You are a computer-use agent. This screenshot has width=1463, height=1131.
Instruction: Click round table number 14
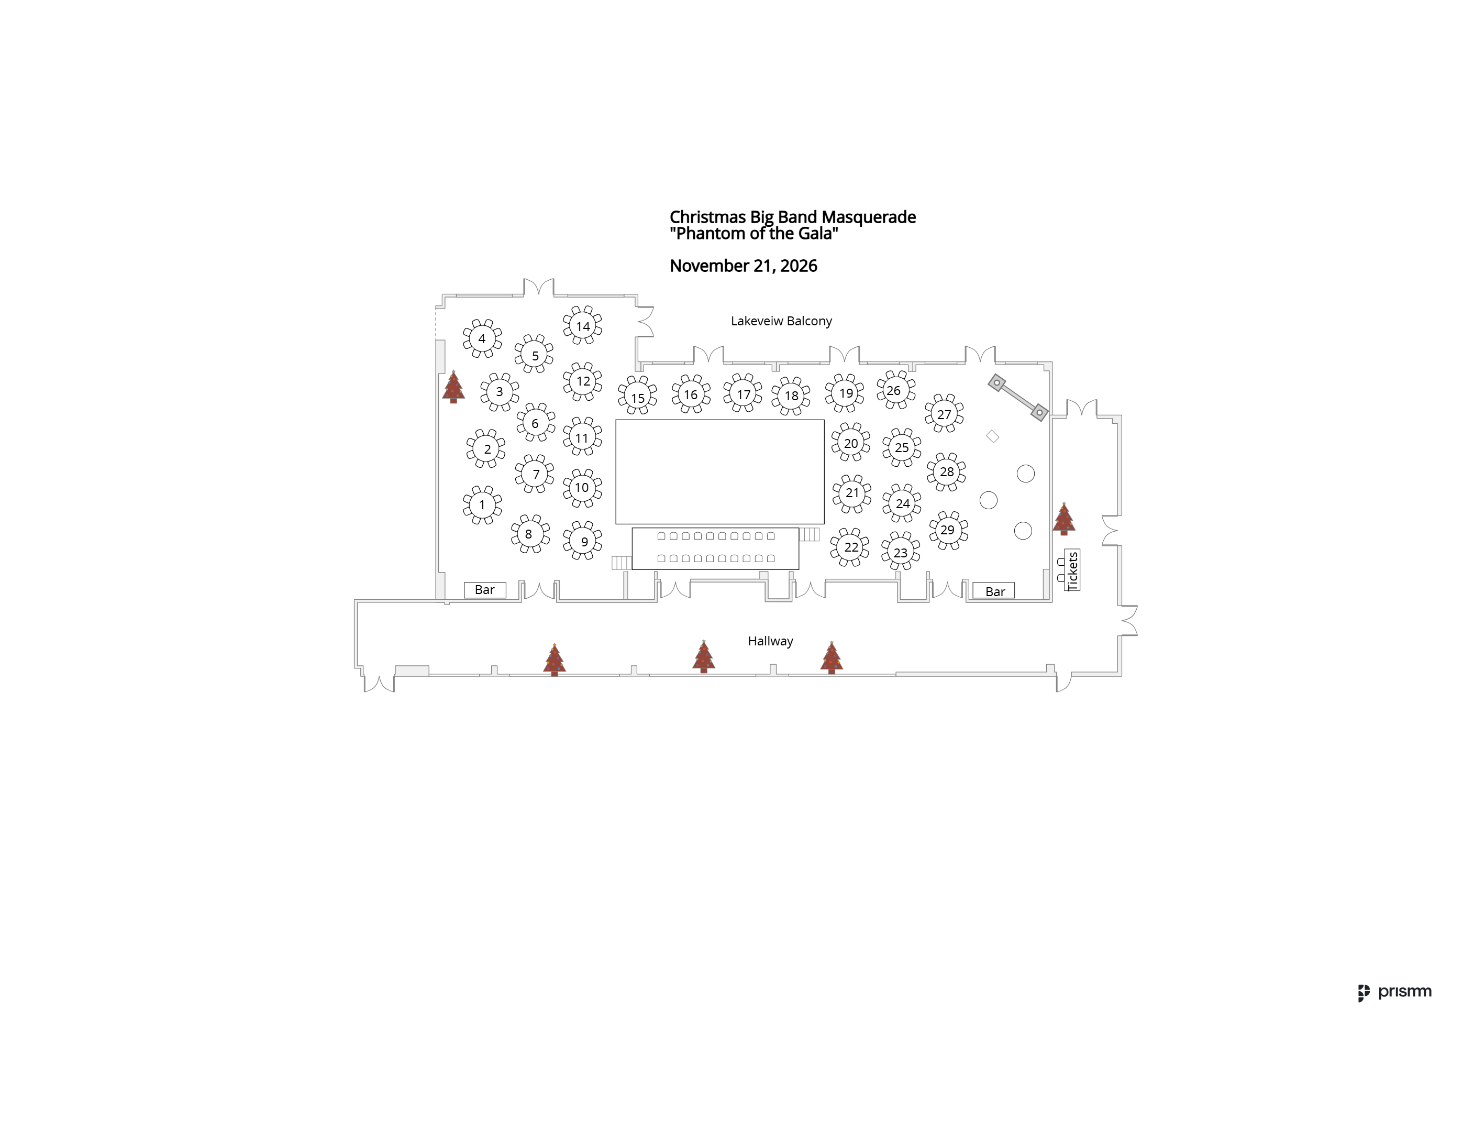pos(582,326)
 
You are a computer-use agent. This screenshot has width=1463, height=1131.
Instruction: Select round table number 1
pos(482,504)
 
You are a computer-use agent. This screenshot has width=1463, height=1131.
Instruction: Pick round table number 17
pos(743,393)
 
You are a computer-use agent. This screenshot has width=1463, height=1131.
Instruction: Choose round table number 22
pos(850,547)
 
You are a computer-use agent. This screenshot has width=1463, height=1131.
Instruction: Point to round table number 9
pos(583,541)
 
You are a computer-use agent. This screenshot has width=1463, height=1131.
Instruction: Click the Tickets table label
pos(1072,570)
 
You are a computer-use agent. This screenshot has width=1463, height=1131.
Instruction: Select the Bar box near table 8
pos(485,590)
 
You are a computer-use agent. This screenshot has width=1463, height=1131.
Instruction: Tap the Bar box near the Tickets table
pos(994,591)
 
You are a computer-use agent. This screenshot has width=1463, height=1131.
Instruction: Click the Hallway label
pos(770,641)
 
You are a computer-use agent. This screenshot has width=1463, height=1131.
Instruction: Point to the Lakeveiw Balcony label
pos(781,321)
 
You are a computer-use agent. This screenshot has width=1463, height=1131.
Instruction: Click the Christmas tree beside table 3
pos(453,387)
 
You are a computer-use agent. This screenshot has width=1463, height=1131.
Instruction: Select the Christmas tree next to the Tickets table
pos(1064,519)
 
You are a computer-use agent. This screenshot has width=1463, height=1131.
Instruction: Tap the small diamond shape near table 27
pos(993,437)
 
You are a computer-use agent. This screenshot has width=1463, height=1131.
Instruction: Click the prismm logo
pos(1395,992)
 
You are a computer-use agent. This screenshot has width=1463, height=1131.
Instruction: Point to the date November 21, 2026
pos(744,266)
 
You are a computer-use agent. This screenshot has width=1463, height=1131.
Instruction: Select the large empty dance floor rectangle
pos(720,471)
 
